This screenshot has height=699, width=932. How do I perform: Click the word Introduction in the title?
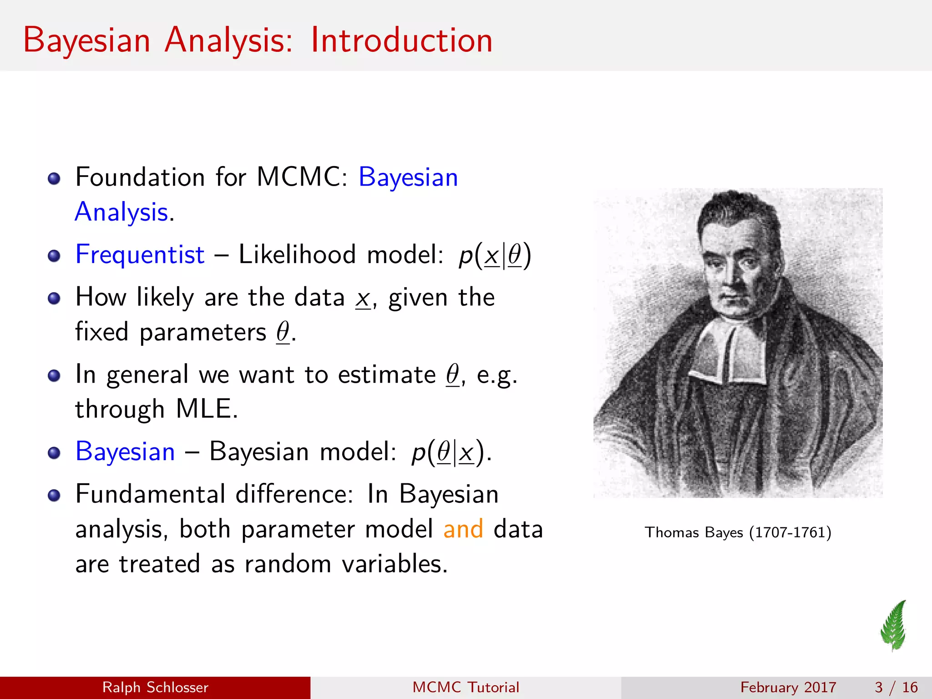pos(401,41)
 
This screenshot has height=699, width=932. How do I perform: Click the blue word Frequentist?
pos(140,254)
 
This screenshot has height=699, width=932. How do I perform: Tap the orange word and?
pos(463,529)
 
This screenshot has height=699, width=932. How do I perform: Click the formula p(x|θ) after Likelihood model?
pos(495,255)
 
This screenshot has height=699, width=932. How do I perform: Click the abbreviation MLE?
pos(206,409)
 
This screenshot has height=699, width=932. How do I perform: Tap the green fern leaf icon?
pos(894,625)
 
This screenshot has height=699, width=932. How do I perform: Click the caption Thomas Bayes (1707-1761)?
pos(738,532)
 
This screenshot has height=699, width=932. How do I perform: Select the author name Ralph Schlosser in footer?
pos(155,687)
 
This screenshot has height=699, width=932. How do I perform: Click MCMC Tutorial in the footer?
pos(466,687)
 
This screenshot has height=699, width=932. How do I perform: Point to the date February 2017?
pos(788,687)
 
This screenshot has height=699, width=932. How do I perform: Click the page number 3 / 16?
pos(896,687)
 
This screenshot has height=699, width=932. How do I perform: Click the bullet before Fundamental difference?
pos(54,495)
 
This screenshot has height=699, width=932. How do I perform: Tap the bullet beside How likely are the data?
pos(54,298)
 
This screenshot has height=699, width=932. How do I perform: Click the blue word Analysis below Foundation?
pos(122,212)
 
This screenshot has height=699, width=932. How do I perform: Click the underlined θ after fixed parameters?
pos(283,332)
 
